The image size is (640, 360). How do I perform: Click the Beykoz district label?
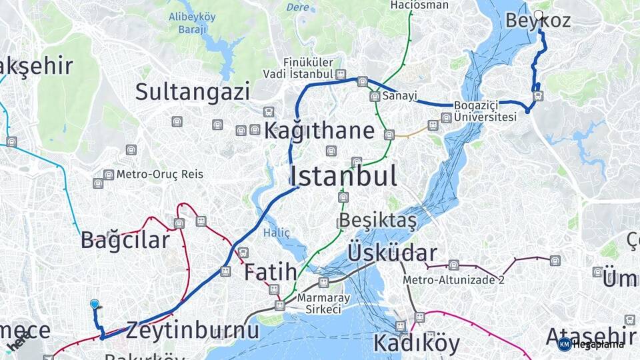pos(537,21)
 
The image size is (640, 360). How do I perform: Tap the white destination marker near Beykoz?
pos(539,15)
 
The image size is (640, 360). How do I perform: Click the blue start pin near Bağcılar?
pos(95,305)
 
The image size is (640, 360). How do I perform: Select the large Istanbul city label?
pos(343,176)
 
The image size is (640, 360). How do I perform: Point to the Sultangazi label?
pos(193,92)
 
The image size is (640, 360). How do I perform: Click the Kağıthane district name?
pos(319,131)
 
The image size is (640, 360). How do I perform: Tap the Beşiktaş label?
pos(377,220)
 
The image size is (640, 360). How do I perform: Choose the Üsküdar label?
pos(392,253)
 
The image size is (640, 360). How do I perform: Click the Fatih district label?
pos(270,272)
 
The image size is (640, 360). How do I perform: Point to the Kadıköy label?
pos(416,343)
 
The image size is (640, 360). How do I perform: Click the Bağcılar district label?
pos(125,240)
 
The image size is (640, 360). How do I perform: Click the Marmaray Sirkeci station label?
pos(319,303)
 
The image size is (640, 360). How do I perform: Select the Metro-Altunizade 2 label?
pos(453,280)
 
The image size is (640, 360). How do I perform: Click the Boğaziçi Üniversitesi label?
pos(485,111)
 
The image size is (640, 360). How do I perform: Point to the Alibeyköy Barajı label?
pos(192,23)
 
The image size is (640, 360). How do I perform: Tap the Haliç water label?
pos(277,233)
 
